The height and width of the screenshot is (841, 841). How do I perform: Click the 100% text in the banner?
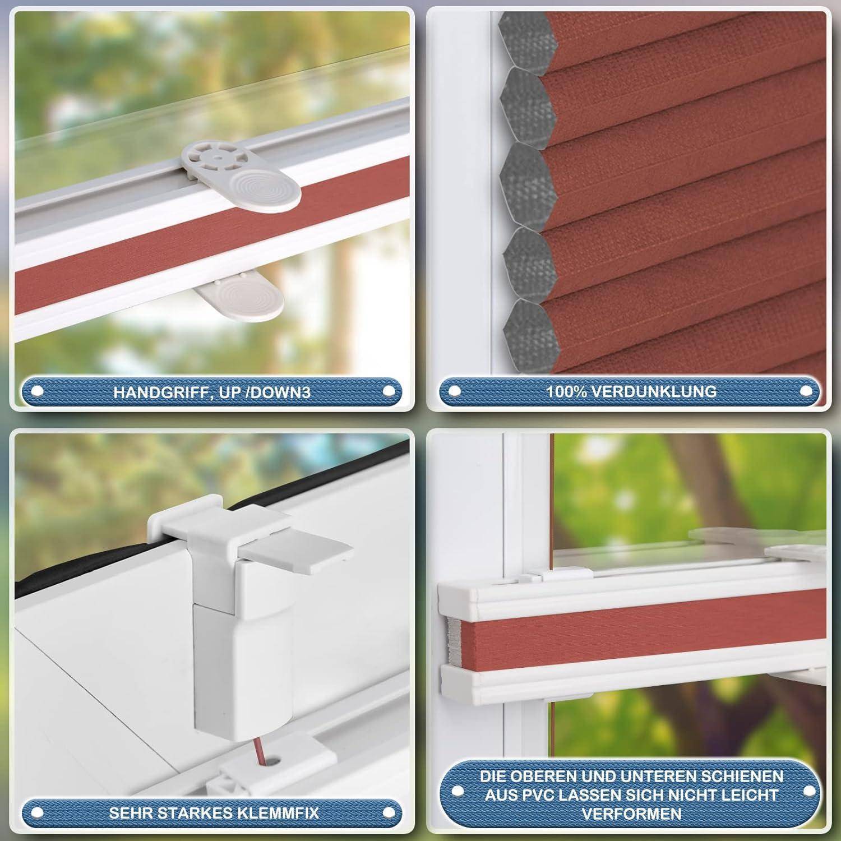click(x=565, y=391)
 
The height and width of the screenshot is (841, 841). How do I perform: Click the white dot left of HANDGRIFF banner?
click(x=38, y=391)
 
